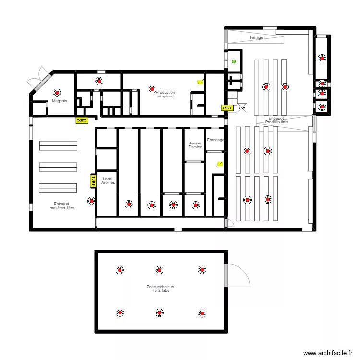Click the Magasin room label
(x=60, y=101)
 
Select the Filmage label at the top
(x=256, y=37)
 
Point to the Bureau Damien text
(x=195, y=145)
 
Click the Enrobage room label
(x=215, y=140)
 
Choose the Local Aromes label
(x=108, y=180)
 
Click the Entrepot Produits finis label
(x=276, y=120)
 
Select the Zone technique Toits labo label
(x=160, y=288)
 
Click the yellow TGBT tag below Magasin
(x=82, y=120)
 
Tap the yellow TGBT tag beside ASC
(x=227, y=108)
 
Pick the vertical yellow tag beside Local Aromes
(x=93, y=180)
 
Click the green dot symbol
(x=234, y=61)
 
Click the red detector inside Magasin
(x=58, y=93)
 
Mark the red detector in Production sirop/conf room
(x=152, y=89)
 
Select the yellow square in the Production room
(x=200, y=82)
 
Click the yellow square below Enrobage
(x=219, y=164)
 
